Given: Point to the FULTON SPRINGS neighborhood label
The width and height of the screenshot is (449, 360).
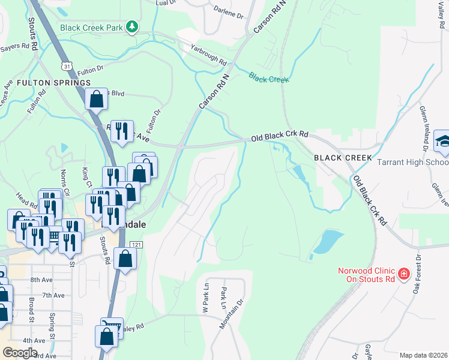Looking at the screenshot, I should pyautogui.click(x=53, y=82).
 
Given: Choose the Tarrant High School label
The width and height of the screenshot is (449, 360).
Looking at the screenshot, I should pyautogui.click(x=412, y=162).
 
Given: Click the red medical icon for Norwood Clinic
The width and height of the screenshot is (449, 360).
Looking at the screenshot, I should pyautogui.click(x=404, y=274).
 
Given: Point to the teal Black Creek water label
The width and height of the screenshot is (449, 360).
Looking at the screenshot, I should pyautogui.click(x=269, y=79).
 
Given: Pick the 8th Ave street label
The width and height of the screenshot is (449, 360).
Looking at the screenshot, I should pyautogui.click(x=42, y=280).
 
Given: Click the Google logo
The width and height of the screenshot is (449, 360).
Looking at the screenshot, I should pyautogui.click(x=20, y=352).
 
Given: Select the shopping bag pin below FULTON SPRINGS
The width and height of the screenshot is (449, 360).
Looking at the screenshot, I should pyautogui.click(x=96, y=100).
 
